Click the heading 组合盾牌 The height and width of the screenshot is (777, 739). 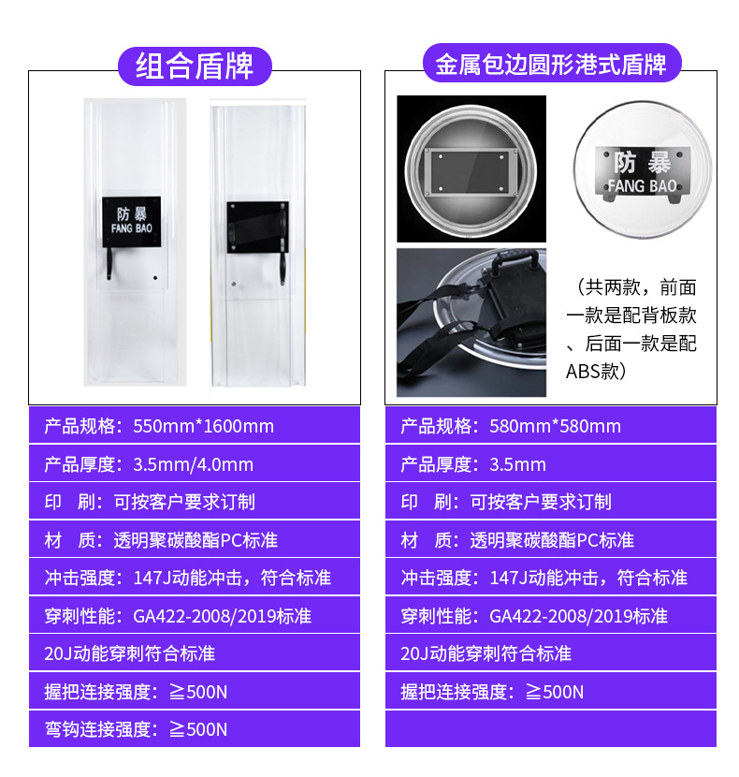195,66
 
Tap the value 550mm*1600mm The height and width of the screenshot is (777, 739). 204,427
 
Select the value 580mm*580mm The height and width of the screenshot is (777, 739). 556,427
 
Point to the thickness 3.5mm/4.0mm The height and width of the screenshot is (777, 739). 194,464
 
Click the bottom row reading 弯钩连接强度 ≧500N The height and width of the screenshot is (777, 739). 195,729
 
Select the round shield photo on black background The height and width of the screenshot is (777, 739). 471,169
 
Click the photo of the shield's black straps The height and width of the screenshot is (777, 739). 471,321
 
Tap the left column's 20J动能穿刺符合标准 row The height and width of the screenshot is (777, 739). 195,653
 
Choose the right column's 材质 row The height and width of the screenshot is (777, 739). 551,540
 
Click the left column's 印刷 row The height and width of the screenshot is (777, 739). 195,502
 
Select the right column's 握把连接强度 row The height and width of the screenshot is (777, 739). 551,692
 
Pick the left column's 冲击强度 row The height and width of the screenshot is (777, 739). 195,578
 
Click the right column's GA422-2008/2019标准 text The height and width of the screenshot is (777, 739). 578,616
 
